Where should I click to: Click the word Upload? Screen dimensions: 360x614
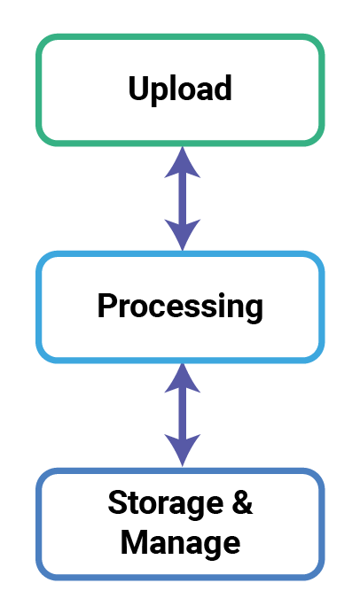180,89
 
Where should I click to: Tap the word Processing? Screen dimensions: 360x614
180,307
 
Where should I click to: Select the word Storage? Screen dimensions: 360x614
165,502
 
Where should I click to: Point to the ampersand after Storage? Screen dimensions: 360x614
242,501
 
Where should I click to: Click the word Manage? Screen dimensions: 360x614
180,543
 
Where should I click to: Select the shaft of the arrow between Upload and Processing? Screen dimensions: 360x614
182,198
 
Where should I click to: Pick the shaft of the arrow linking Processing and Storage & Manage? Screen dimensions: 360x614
182,415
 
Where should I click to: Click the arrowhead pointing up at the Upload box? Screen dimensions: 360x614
182,162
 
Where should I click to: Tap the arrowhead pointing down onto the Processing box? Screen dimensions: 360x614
182,235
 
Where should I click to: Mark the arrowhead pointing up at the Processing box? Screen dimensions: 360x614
182,377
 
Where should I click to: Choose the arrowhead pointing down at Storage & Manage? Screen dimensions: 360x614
182,450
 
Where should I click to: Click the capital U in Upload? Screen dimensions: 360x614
138,88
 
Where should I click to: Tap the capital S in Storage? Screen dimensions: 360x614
117,502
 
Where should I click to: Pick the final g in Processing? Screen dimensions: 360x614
254,312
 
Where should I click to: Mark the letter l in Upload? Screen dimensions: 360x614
176,88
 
